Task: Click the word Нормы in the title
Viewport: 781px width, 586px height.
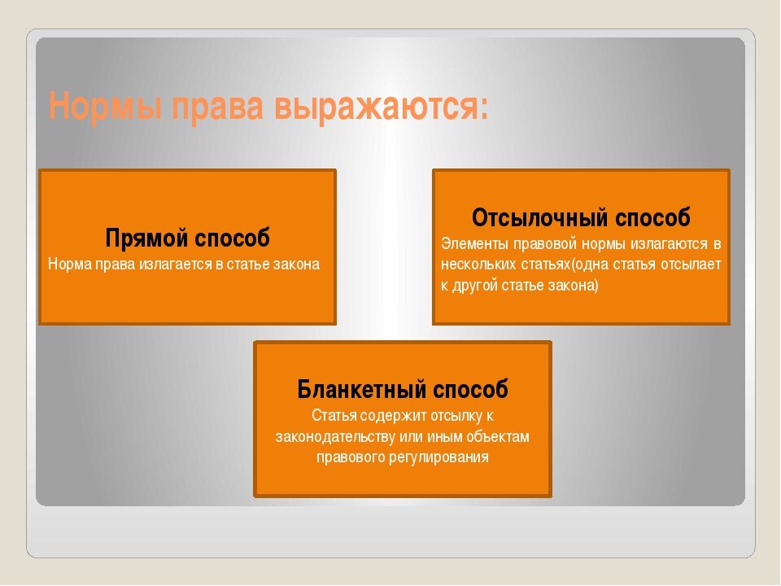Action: tap(105, 106)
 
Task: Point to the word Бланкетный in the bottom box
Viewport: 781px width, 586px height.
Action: tap(361, 389)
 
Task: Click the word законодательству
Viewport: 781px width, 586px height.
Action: tap(335, 437)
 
